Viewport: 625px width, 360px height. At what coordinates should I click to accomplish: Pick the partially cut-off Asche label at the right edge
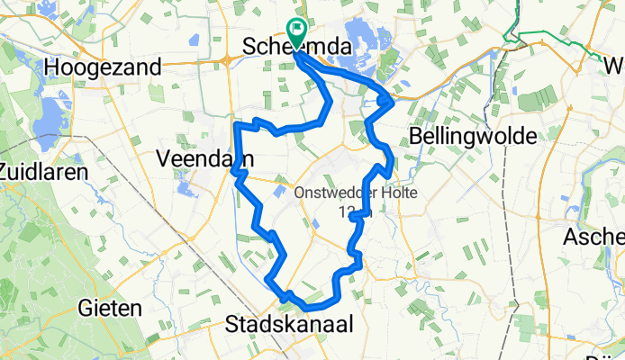(593, 237)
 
